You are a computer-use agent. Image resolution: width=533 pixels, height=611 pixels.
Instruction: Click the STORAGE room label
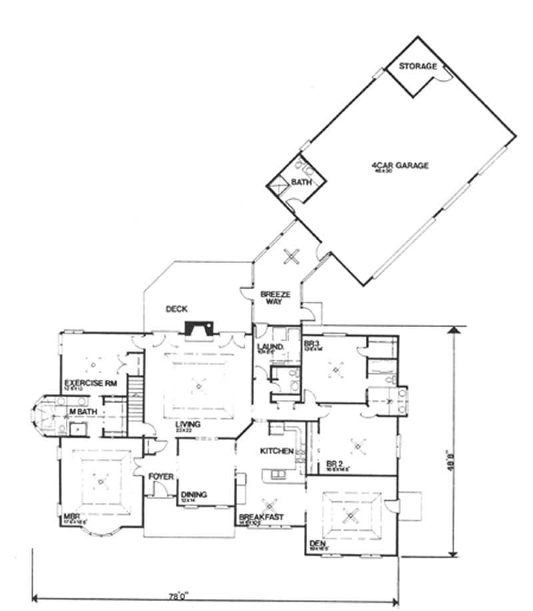pyautogui.click(x=418, y=67)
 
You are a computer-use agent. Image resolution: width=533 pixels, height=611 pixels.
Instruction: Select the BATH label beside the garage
pyautogui.click(x=300, y=181)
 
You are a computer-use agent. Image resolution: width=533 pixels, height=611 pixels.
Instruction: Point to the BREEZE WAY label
pyautogui.click(x=271, y=297)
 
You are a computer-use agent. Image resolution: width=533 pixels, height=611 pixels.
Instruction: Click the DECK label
pyautogui.click(x=177, y=308)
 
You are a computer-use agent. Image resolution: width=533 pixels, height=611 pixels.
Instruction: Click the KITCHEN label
pyautogui.click(x=276, y=451)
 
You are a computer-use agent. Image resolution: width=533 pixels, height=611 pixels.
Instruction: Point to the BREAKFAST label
pyautogui.click(x=261, y=516)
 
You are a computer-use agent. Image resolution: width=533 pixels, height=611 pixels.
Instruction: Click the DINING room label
pyautogui.click(x=194, y=494)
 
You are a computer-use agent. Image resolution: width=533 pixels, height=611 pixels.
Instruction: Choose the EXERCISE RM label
pyautogui.click(x=87, y=383)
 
